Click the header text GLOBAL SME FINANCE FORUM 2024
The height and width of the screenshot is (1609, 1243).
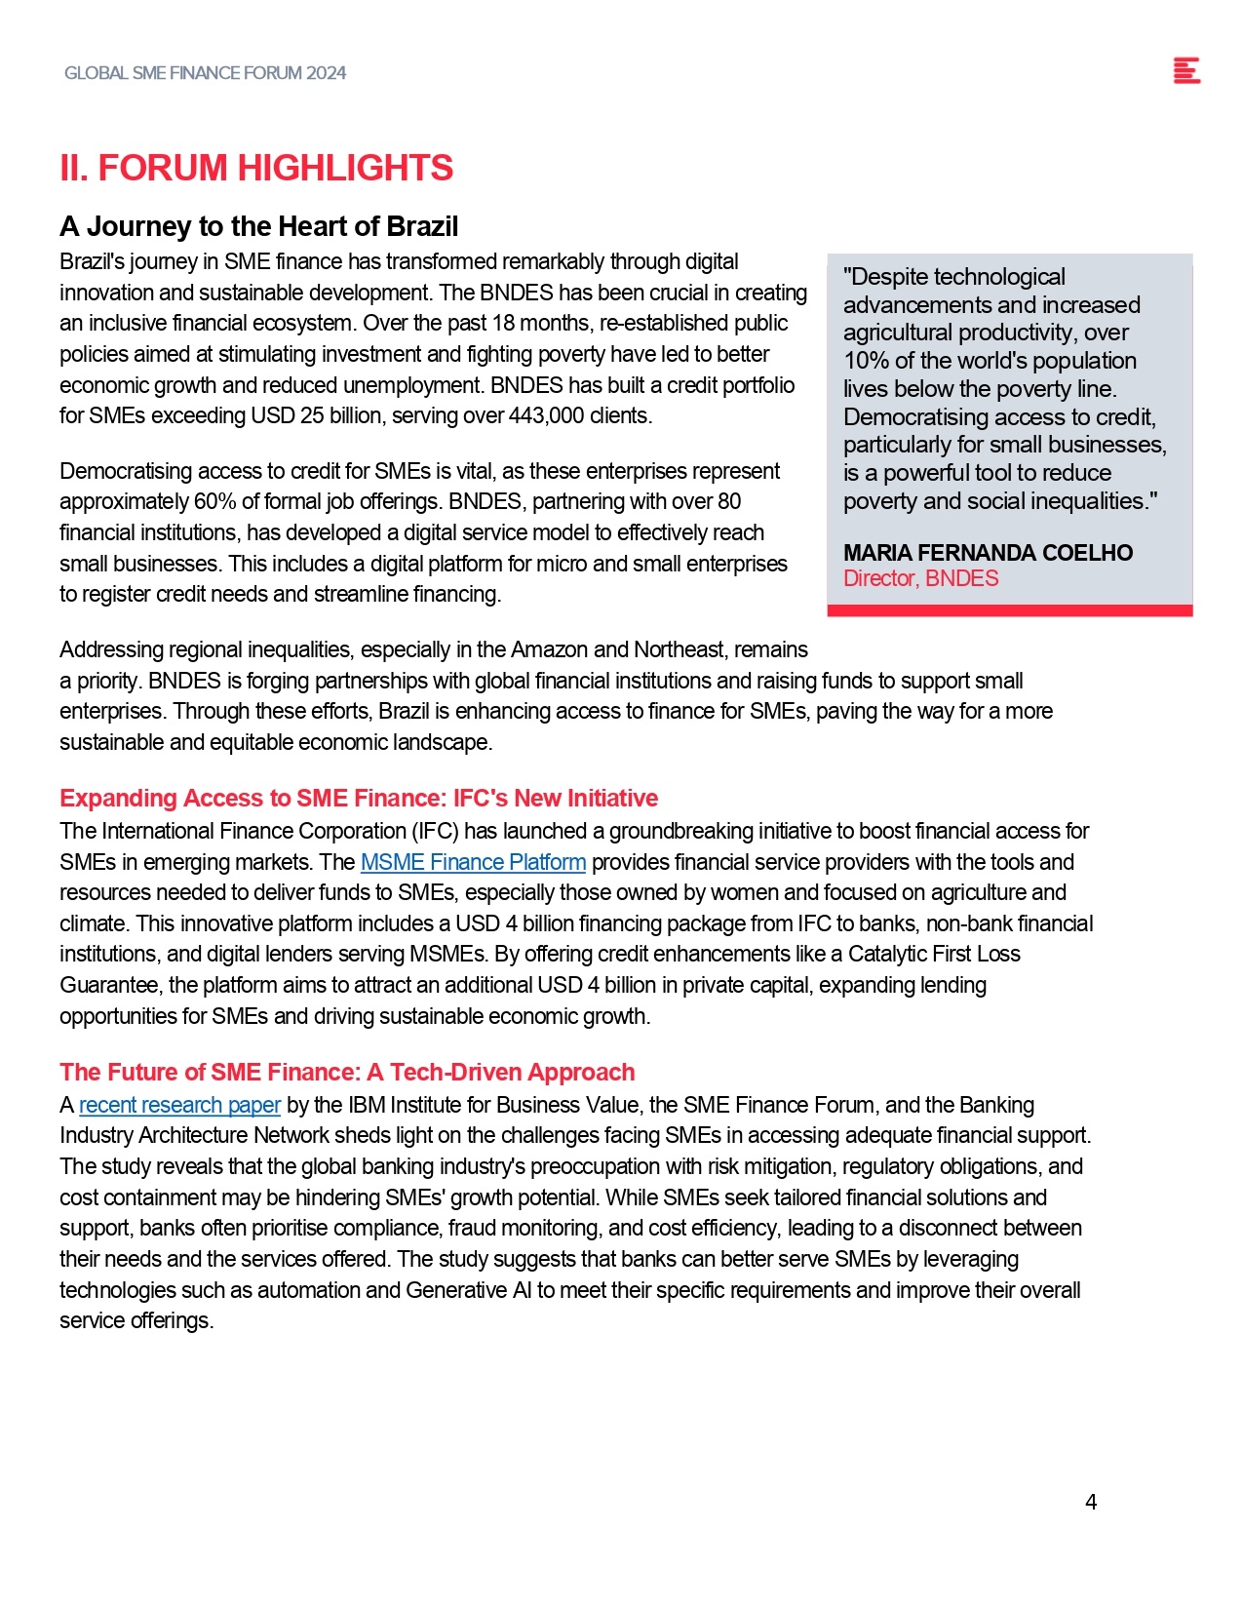[205, 73]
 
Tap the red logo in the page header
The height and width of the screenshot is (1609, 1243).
[1186, 71]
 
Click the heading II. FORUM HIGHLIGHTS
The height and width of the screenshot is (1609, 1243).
[256, 168]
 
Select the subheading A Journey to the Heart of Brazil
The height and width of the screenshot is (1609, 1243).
[258, 226]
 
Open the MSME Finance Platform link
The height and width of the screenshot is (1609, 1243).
[473, 862]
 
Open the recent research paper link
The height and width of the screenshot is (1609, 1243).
[179, 1105]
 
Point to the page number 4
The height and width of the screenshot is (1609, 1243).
[1091, 1502]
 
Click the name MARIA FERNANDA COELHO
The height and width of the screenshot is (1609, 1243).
[988, 553]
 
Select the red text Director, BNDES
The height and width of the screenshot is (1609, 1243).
[920, 578]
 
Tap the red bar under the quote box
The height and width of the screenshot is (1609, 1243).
[1009, 610]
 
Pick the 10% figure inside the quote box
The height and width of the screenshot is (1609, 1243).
[866, 361]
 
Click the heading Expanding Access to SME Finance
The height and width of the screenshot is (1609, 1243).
[358, 798]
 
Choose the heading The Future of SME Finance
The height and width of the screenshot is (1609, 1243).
[346, 1072]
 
